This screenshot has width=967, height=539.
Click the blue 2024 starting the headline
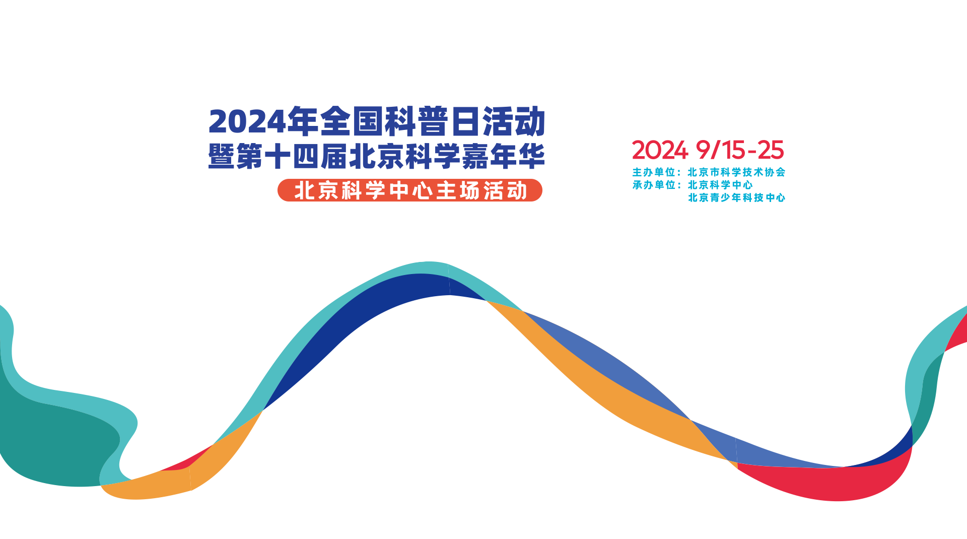(247, 122)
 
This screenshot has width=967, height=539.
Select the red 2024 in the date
(660, 150)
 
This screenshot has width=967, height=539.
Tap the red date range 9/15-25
(740, 150)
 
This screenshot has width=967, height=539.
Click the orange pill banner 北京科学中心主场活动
(410, 190)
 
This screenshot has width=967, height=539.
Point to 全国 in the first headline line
(351, 121)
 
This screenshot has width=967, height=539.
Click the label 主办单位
(654, 172)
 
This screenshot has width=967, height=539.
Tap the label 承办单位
(654, 185)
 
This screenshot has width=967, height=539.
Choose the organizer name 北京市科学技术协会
(737, 172)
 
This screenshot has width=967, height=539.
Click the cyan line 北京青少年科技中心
(737, 197)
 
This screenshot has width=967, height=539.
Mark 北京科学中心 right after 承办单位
(720, 185)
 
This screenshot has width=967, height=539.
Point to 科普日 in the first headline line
(431, 121)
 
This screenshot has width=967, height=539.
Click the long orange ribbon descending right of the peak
(604, 388)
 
